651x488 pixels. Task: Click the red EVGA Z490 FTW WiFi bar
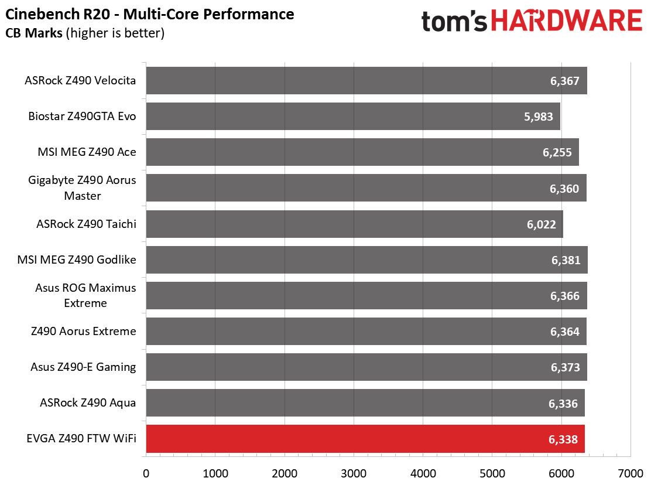point(365,439)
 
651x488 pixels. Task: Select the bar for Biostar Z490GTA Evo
point(353,117)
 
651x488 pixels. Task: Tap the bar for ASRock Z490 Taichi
point(355,224)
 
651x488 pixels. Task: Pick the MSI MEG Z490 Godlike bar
point(367,260)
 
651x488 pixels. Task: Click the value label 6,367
point(564,81)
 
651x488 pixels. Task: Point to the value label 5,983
point(539,117)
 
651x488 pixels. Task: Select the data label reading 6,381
point(566,261)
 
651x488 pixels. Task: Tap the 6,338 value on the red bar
point(563,439)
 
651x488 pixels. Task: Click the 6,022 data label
point(542,225)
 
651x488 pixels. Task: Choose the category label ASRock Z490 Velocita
point(80,80)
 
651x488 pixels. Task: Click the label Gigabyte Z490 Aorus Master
point(82,187)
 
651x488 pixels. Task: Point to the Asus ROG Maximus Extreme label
point(85,295)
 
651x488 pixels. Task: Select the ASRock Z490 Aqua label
point(88,403)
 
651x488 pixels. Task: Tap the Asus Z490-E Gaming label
point(83,367)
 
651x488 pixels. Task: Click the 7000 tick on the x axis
point(631,473)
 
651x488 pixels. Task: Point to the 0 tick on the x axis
point(146,473)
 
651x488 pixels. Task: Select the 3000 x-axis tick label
point(354,473)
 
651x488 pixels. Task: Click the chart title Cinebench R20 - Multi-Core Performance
point(149,14)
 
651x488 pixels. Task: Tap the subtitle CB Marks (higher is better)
point(85,33)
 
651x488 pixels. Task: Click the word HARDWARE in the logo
point(567,21)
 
